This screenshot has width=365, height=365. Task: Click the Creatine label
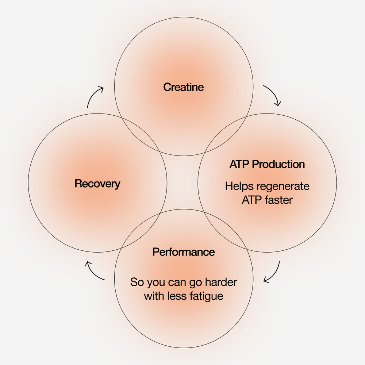[183, 87]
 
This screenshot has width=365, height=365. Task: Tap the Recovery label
[97, 183]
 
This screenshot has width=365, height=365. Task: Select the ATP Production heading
[267, 164]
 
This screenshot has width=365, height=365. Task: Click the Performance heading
[183, 252]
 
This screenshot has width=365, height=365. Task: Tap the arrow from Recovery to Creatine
[94, 96]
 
